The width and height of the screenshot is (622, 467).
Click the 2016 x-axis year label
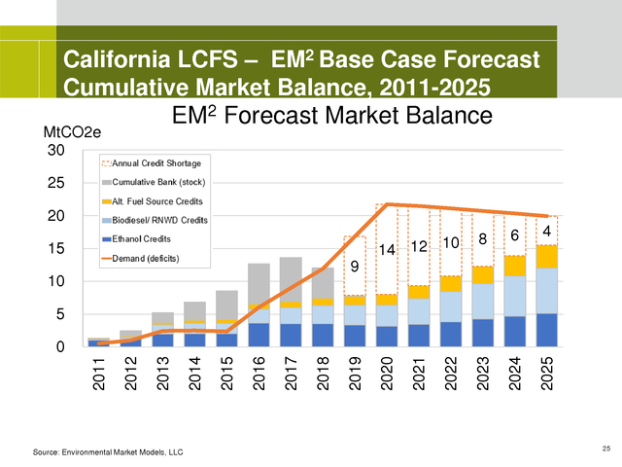click(x=259, y=375)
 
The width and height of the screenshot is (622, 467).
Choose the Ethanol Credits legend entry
click(x=146, y=238)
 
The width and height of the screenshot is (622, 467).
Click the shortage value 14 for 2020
click(x=386, y=250)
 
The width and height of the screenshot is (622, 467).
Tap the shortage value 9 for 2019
click(x=355, y=265)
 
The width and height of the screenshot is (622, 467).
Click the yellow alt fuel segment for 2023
click(x=482, y=274)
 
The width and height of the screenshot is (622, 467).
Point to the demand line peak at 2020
click(x=387, y=204)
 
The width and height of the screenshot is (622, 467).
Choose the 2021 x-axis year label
click(x=419, y=375)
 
